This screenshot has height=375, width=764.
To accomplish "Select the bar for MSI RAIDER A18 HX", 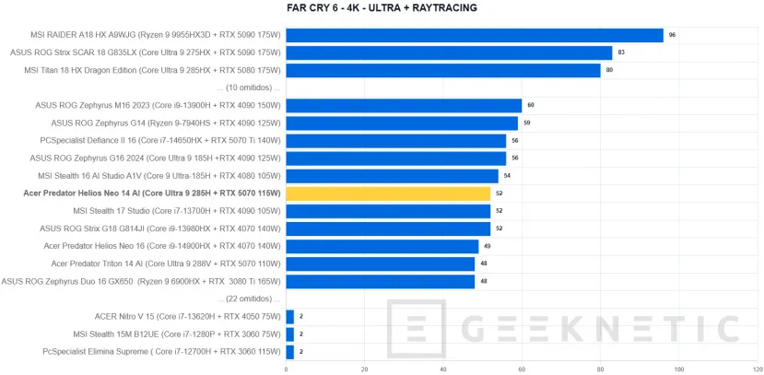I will pos(475,35).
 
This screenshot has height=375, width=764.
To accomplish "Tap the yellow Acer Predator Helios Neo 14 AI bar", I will pos(388,193).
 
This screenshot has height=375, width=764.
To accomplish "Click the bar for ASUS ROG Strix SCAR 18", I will pos(449,53).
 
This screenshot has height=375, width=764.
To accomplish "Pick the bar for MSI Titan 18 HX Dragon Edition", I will pos(443,70).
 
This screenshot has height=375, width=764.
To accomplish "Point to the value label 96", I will pos(672,35).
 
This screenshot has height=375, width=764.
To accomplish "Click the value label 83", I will pos(621,53).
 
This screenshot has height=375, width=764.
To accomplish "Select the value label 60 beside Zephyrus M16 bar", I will pos(531,105).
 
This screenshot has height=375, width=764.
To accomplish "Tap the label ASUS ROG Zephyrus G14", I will pos(165,123).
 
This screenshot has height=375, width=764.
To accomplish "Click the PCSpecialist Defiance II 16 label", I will pos(159,140).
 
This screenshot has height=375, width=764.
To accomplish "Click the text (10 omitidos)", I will pos(248,88).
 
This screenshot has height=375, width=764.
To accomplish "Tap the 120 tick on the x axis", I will pos(757,369).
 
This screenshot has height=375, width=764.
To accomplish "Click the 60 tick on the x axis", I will pos(522,369).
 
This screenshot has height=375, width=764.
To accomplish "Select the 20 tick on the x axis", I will pos(365,369).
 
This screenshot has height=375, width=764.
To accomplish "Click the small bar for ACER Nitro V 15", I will pos(290,316).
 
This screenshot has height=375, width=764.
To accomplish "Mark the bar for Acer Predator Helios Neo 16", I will pos(382,246).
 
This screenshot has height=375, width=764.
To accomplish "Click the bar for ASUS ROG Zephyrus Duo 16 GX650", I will pos(381,281).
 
